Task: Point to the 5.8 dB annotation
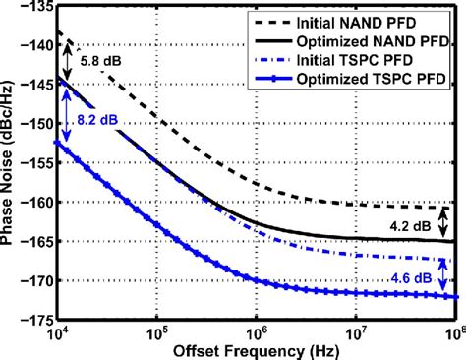pyautogui.click(x=101, y=61)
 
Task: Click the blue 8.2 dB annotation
pyautogui.click(x=97, y=120)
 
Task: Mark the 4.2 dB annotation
pyautogui.click(x=410, y=226)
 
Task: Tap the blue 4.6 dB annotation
pyautogui.click(x=411, y=278)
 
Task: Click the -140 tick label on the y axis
pyautogui.click(x=36, y=44)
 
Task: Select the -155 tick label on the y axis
pyautogui.click(x=36, y=162)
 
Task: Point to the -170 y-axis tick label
pyautogui.click(x=36, y=280)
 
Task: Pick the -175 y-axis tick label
pyautogui.click(x=36, y=319)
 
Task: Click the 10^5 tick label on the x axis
pyautogui.click(x=157, y=333)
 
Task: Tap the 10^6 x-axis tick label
pyautogui.click(x=257, y=333)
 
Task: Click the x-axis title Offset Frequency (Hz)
pyautogui.click(x=256, y=351)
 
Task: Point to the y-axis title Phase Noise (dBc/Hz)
pyautogui.click(x=7, y=163)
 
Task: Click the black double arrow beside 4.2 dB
pyautogui.click(x=443, y=223)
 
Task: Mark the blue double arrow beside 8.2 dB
pyautogui.click(x=67, y=114)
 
